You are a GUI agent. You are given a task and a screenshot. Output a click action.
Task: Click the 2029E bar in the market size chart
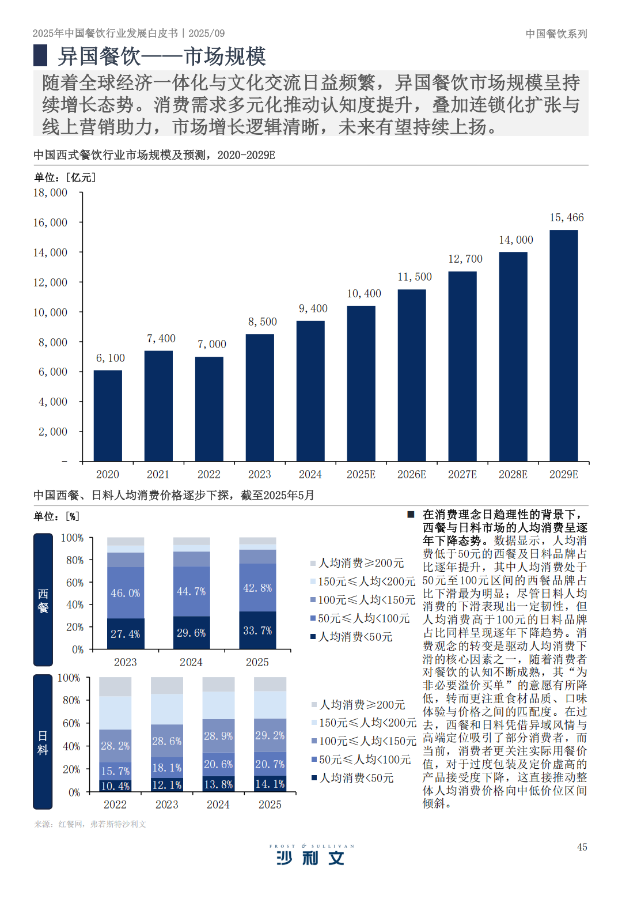tap(563, 346)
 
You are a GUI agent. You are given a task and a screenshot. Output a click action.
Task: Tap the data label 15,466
tap(567, 217)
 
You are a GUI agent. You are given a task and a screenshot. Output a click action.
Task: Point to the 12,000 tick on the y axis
tap(50, 282)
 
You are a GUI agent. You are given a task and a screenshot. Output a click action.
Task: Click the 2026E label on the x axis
tap(412, 474)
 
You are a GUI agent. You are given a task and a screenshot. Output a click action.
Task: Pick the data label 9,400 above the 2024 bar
tap(313, 309)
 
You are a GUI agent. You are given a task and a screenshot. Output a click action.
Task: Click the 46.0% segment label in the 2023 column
tap(126, 593)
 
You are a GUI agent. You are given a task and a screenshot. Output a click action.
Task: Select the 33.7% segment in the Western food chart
tap(257, 630)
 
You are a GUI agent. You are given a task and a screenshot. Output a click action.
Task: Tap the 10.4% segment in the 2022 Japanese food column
tap(115, 786)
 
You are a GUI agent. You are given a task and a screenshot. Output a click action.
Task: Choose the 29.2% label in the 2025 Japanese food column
tap(270, 735)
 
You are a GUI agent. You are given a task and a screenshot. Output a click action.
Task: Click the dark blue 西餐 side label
tap(43, 600)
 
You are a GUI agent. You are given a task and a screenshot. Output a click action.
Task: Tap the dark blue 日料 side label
tap(43, 742)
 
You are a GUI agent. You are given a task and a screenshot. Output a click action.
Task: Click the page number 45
tap(582, 847)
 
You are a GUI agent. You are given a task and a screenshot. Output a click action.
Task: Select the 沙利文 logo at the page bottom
tap(311, 856)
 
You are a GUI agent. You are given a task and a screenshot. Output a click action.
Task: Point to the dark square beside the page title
tap(40, 56)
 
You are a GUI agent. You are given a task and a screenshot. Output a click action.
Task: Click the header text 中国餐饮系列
tap(556, 34)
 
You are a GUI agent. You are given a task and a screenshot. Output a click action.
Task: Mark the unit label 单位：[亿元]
tap(65, 177)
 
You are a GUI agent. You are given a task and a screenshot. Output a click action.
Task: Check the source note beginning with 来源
tap(90, 824)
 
